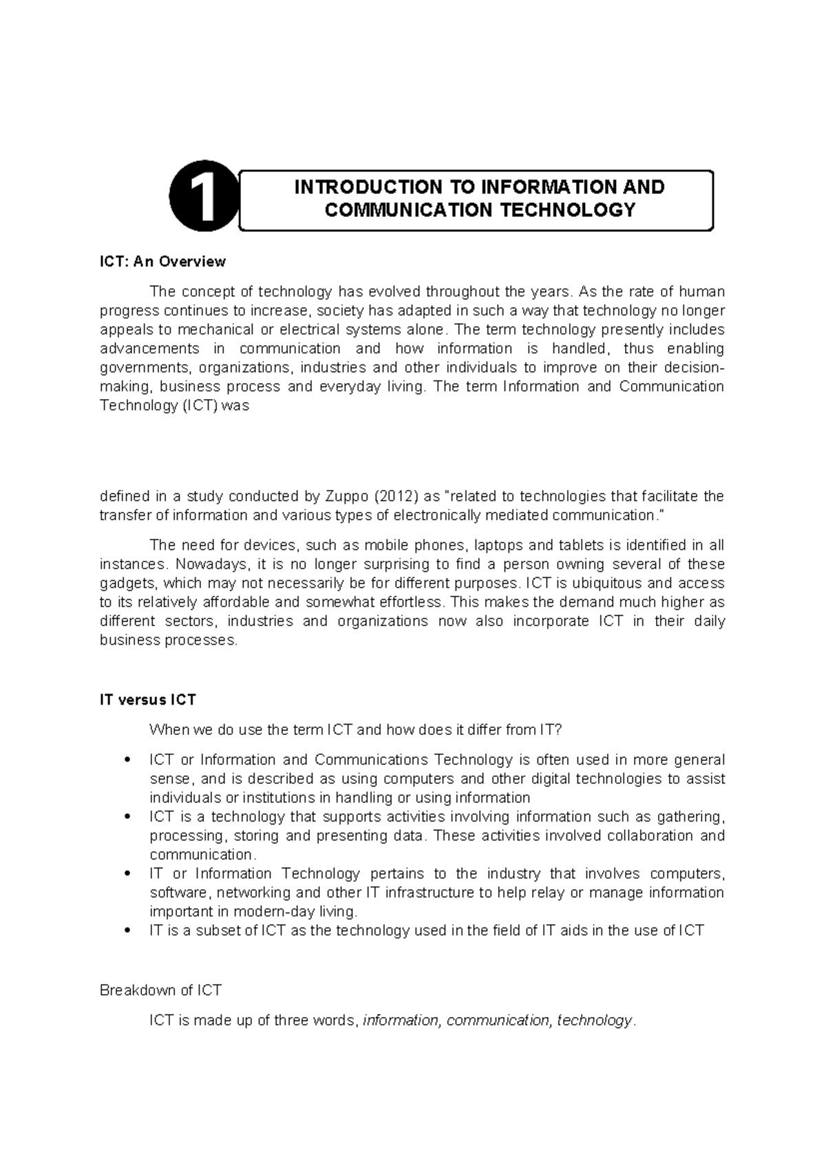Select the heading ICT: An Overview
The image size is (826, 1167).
[x=162, y=261]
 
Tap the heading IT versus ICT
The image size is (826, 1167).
[x=148, y=700]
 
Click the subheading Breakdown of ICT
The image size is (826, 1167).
[x=160, y=990]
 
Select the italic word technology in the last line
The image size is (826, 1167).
[x=594, y=1020]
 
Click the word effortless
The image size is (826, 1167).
[x=408, y=602]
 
